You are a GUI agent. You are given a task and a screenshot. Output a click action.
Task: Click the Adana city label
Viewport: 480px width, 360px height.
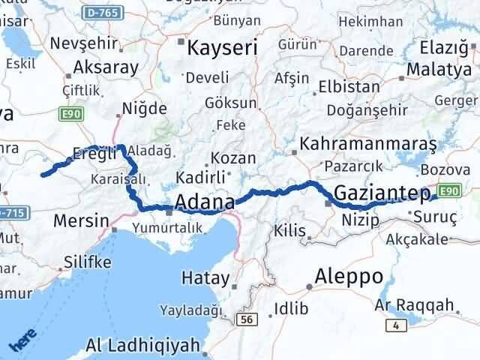(204, 202)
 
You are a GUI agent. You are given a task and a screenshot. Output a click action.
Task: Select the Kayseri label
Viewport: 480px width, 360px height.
(221, 49)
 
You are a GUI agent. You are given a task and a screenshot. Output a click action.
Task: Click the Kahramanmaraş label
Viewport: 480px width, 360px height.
(356, 142)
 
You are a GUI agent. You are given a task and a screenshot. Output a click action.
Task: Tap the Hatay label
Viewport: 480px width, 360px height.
(205, 277)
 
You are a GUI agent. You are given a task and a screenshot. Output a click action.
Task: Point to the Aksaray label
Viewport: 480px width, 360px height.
(106, 67)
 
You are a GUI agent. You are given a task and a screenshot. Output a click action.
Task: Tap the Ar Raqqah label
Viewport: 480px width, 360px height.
(414, 304)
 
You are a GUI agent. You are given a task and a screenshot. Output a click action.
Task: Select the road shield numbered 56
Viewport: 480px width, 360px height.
(245, 319)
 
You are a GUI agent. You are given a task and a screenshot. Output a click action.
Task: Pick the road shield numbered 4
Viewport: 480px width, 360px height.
(394, 325)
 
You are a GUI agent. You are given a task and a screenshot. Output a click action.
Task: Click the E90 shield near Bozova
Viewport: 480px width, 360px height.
(448, 191)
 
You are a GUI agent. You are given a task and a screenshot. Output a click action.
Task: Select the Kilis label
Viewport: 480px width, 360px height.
(289, 229)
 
